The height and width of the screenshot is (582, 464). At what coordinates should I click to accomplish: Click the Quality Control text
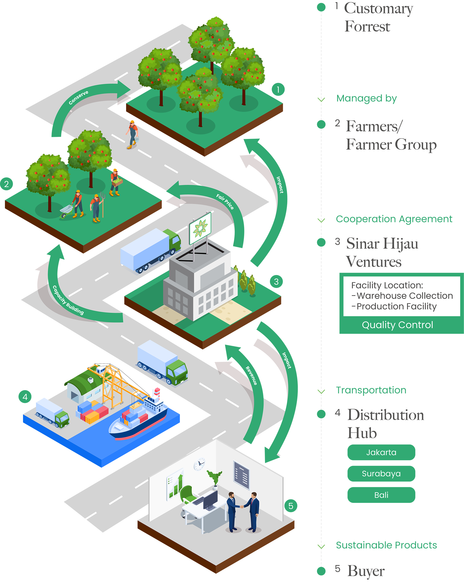click(x=397, y=325)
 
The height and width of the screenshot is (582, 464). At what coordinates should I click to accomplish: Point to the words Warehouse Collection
click(x=405, y=296)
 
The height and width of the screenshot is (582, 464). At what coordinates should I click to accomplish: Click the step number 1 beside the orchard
click(x=278, y=90)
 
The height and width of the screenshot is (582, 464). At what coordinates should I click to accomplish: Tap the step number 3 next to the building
click(x=276, y=282)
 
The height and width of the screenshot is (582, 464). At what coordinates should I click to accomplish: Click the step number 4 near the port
click(x=25, y=397)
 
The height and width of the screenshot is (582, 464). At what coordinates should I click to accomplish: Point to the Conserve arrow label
click(x=78, y=97)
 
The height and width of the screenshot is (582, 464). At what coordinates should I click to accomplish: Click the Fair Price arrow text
click(x=225, y=201)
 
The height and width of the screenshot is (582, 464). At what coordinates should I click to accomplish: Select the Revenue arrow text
click(x=251, y=376)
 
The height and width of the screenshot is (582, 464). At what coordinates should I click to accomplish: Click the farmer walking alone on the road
click(x=132, y=133)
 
